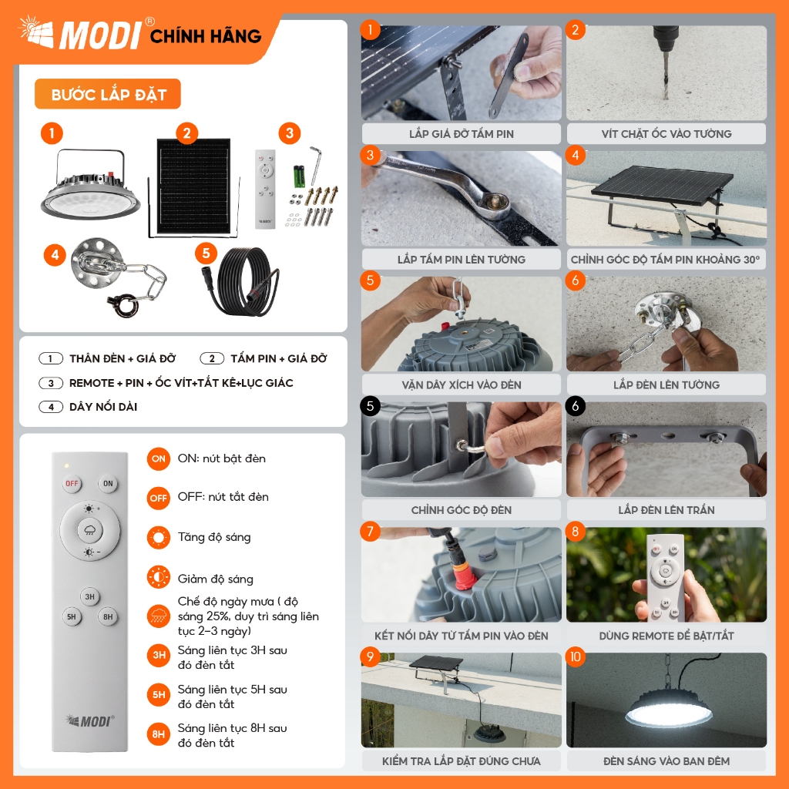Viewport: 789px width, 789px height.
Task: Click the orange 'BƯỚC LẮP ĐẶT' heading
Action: click(108, 94)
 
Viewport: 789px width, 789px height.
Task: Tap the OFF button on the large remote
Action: click(72, 484)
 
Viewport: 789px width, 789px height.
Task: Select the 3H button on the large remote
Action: click(90, 597)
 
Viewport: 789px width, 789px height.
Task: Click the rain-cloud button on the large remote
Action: click(90, 529)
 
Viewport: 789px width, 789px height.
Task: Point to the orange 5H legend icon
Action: click(159, 694)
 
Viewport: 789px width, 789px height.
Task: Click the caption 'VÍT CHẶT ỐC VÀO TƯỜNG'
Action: click(666, 134)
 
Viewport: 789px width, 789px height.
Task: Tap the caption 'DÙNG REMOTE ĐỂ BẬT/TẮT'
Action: click(666, 636)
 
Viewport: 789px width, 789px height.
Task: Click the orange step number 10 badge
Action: click(575, 656)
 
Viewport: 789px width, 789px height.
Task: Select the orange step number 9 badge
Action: click(371, 656)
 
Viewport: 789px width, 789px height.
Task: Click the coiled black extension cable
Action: click(245, 283)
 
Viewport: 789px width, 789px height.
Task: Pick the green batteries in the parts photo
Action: click(300, 176)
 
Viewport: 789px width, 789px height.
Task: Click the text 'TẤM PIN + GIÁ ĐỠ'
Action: click(279, 359)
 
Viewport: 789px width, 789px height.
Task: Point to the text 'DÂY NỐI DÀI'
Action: click(103, 407)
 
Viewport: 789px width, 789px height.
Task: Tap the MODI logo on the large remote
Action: click(90, 721)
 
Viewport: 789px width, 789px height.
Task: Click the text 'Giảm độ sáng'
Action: click(216, 579)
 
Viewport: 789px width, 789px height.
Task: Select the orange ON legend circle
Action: click(159, 459)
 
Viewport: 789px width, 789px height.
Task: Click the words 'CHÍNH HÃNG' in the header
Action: click(206, 36)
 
